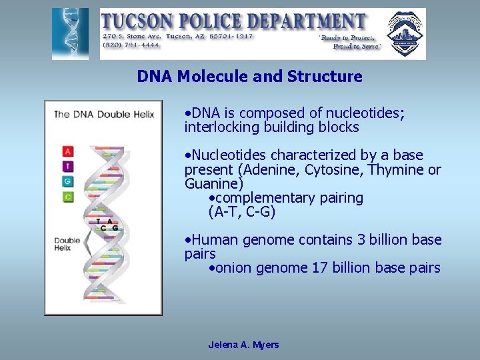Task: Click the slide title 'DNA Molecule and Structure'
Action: tap(249, 77)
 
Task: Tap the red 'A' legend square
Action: tap(67, 151)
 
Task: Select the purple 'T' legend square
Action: tap(67, 166)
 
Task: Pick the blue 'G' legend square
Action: tap(67, 181)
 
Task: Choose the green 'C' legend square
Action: tap(67, 196)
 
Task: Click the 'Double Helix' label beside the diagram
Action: tap(67, 243)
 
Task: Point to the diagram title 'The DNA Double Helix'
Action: tap(103, 114)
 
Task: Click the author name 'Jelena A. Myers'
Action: tap(243, 345)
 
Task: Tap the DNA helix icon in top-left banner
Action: tap(70, 34)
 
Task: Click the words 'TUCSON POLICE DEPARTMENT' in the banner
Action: tap(234, 21)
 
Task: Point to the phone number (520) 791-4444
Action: tap(130, 45)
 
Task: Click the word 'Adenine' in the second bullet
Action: tap(274, 169)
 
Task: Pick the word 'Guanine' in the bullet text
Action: tap(214, 183)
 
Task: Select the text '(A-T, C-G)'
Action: tap(241, 213)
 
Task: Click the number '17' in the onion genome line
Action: tap(319, 268)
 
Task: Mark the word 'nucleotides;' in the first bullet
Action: tap(365, 113)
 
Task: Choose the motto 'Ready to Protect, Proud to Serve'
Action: tap(350, 42)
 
